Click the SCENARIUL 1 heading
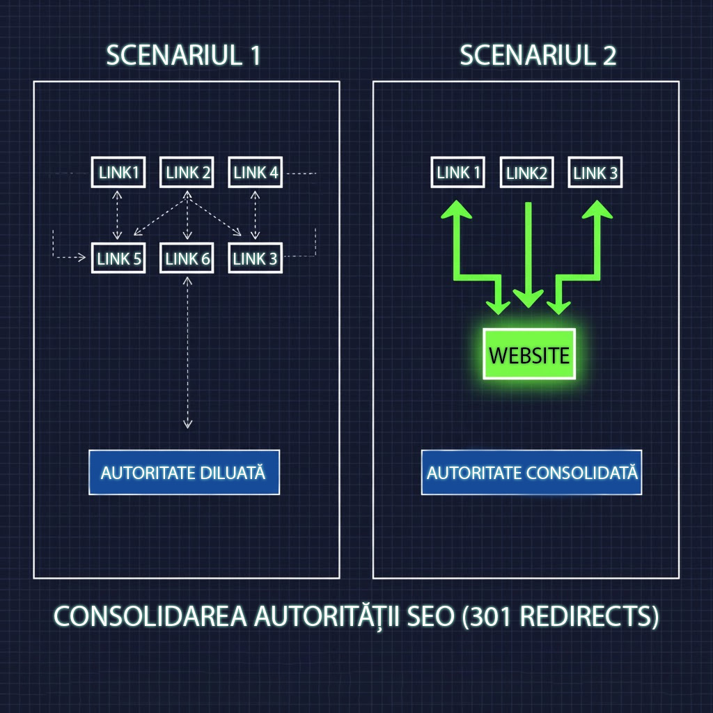[x=183, y=56]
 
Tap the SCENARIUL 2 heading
[x=538, y=56]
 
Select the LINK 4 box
[x=256, y=173]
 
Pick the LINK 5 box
[x=118, y=259]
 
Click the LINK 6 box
[x=187, y=259]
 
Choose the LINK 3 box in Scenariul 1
[x=255, y=259]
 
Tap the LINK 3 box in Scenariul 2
[x=595, y=173]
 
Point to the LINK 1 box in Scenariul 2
[x=459, y=173]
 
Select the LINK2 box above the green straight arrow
[x=527, y=173]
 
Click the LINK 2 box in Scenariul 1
[x=187, y=173]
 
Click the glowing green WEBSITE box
[x=529, y=354]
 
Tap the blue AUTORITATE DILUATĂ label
[x=184, y=472]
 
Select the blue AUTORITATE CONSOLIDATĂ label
[x=532, y=472]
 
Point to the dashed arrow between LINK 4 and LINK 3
[x=256, y=216]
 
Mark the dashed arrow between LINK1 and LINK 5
[x=118, y=216]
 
